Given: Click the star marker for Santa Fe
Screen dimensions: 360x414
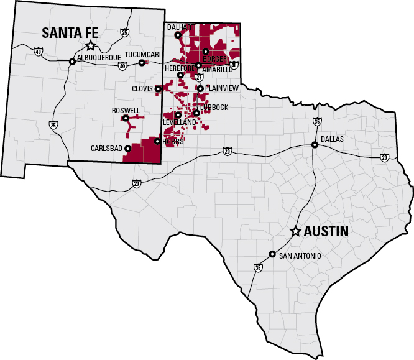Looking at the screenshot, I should click(91, 45).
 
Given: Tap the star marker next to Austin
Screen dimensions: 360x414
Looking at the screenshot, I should click(296, 231).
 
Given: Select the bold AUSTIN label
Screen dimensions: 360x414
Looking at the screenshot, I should click(326, 231).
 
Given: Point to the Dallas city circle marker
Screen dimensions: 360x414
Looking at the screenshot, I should click(315, 145).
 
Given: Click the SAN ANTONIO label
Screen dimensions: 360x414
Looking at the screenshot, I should click(300, 256).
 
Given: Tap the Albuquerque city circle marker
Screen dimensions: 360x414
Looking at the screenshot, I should click(72, 62).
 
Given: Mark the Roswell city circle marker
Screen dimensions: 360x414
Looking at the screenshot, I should click(126, 118).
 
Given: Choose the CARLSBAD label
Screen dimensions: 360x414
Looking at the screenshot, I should click(107, 149).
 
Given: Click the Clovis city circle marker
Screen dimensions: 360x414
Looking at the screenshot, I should click(158, 89).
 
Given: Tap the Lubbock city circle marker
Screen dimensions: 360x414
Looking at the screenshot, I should click(196, 113).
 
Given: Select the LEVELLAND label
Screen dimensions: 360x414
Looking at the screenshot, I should click(180, 122).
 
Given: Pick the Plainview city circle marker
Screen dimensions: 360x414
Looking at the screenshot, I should click(200, 88).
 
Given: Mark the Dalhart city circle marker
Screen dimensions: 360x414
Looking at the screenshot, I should click(178, 35).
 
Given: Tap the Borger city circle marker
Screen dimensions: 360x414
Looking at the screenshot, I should click(205, 51).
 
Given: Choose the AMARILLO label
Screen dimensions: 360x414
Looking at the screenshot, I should click(218, 70).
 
